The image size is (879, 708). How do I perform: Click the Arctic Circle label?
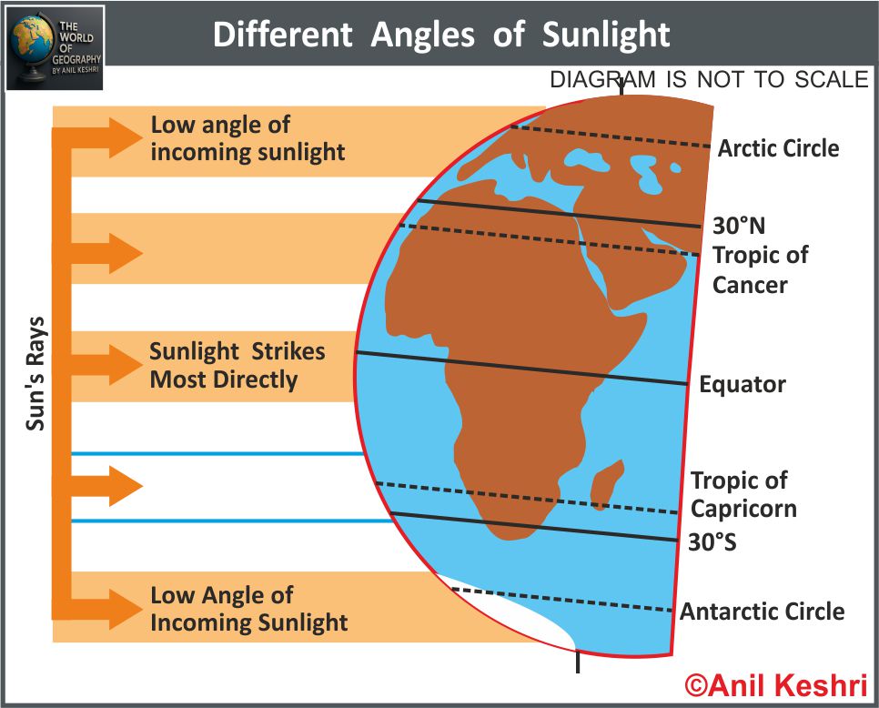[x=778, y=148]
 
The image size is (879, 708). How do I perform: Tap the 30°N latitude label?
[x=738, y=226]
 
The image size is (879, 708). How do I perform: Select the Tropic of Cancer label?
[x=760, y=269]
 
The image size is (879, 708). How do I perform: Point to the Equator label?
[x=743, y=385]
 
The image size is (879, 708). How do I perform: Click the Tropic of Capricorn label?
[x=743, y=494]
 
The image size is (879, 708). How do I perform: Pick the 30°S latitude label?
[x=712, y=542]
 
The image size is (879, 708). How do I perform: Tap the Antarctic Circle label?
[x=762, y=611]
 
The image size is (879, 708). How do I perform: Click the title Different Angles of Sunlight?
[x=441, y=35]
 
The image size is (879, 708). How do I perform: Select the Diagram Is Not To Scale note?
[x=709, y=79]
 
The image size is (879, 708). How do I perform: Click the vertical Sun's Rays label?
[x=35, y=374]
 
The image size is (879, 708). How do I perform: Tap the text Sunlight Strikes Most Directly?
[x=237, y=366]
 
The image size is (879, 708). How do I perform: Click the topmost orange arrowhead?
[x=126, y=138]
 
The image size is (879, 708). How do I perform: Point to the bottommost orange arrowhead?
[x=126, y=609]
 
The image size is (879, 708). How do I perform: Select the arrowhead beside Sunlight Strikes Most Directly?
[x=126, y=365]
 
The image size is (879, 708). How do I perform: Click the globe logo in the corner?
[x=55, y=47]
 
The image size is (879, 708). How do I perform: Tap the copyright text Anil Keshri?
[x=776, y=685]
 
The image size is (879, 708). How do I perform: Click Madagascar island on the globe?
[x=607, y=484]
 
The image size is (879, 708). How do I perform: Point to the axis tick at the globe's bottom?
[x=578, y=662]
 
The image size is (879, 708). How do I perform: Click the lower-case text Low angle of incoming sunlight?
[x=248, y=138]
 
